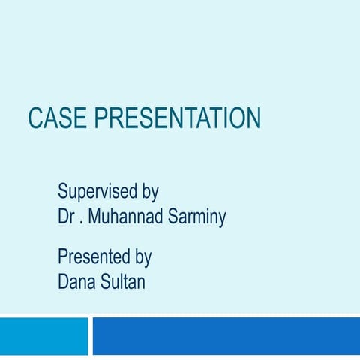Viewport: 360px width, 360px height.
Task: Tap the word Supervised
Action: [97, 192]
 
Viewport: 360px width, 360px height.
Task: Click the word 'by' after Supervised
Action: [149, 193]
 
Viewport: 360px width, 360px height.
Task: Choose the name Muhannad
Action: [125, 217]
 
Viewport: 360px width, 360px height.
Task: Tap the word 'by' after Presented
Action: [142, 259]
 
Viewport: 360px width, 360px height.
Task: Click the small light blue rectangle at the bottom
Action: [43, 335]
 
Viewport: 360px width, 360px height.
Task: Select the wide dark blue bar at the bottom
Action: [226, 335]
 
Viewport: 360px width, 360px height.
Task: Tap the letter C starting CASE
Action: [35, 118]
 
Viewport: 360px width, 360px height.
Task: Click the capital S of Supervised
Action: [63, 191]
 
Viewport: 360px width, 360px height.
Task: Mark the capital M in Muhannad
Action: [96, 217]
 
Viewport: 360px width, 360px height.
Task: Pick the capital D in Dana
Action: [64, 283]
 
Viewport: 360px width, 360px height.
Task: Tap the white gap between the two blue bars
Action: [90, 335]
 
